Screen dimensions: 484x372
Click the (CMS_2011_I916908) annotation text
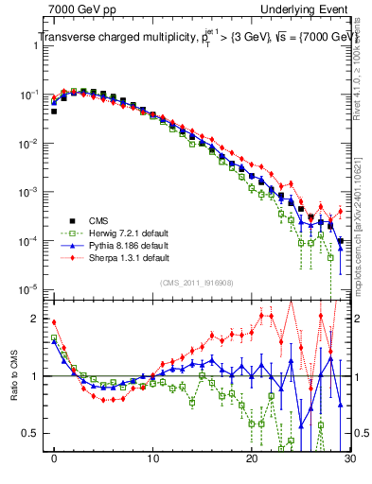coord(197,283)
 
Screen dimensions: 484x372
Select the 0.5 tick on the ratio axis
coord(34,434)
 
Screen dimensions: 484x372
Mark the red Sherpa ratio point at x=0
coord(54,322)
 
